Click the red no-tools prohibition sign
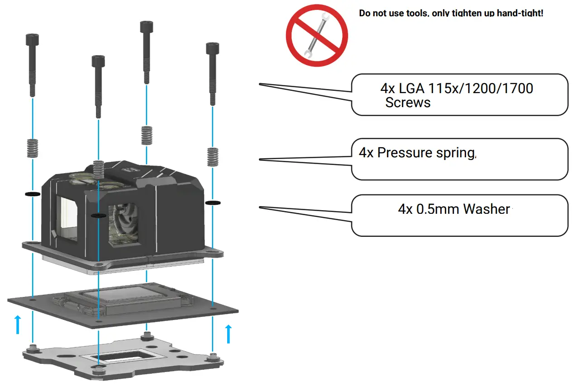point(317,36)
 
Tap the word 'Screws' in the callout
point(408,103)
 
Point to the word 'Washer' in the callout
point(487,209)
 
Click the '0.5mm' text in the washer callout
point(436,209)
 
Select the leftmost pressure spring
point(32,148)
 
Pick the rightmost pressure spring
point(212,156)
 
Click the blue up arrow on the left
point(18,325)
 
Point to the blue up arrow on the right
point(228,333)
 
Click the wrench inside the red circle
point(316,37)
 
